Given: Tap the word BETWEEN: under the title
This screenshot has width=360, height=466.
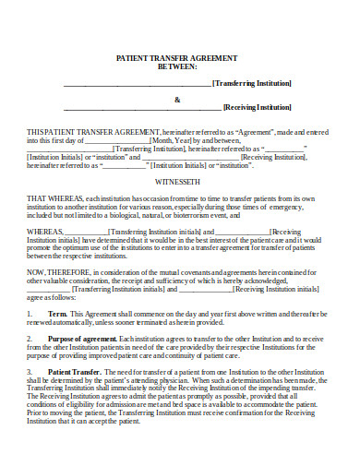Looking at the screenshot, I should click(180, 66).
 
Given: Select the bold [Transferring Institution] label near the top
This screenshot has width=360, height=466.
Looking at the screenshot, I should click(251, 83).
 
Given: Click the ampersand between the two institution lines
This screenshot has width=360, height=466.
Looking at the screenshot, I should click(178, 100).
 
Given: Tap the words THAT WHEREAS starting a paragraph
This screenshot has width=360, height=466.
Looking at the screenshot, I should click(55, 198).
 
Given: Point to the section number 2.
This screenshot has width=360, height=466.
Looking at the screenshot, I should click(30, 340).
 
